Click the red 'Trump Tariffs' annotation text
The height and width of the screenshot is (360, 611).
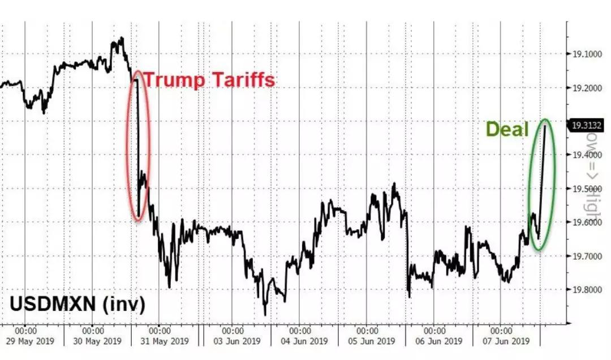click(209, 80)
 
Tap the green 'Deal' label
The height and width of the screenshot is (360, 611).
click(507, 130)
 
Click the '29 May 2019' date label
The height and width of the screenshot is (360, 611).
click(26, 341)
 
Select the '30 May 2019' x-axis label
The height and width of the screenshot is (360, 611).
click(93, 341)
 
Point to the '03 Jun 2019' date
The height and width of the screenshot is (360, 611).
click(232, 341)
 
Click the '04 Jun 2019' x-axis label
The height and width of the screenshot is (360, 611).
click(299, 341)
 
